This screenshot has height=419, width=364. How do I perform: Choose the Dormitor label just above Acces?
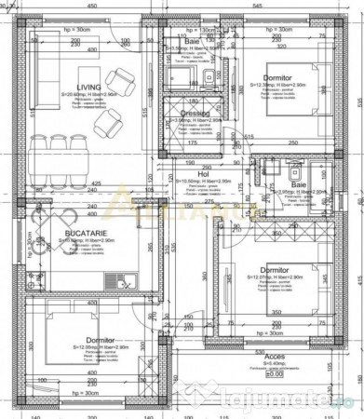click(x=275, y=269)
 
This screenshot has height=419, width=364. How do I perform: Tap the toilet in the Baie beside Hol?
click(x=294, y=171)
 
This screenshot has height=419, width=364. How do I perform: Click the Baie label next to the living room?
click(x=191, y=41)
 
